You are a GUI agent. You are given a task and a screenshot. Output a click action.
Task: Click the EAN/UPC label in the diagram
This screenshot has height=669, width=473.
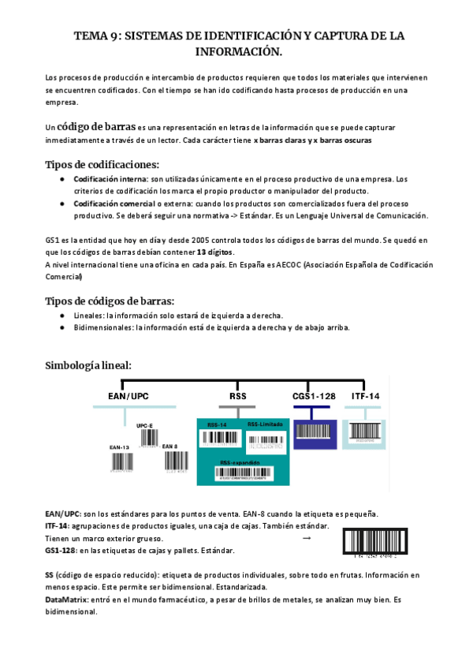[x=128, y=395]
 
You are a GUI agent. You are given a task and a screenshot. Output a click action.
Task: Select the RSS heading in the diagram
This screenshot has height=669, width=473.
[x=238, y=395]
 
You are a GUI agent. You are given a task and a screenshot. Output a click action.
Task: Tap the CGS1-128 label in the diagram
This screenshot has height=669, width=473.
[x=310, y=395]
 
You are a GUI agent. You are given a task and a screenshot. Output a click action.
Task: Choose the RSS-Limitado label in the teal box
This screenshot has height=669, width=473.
[x=264, y=424]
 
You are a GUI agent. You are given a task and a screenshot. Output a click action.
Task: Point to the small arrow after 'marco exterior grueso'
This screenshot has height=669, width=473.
[x=307, y=537]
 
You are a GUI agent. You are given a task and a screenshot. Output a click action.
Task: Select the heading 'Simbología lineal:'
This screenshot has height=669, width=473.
[x=88, y=365]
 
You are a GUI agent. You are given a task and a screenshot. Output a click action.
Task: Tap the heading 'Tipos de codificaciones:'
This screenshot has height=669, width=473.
[x=102, y=165]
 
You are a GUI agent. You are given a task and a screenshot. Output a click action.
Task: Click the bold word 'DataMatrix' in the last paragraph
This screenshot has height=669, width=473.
[x=68, y=600]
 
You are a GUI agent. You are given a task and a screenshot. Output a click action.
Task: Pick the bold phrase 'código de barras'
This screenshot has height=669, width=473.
[x=95, y=127]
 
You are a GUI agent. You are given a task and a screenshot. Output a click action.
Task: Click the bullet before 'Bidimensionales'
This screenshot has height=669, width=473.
[x=62, y=327]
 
